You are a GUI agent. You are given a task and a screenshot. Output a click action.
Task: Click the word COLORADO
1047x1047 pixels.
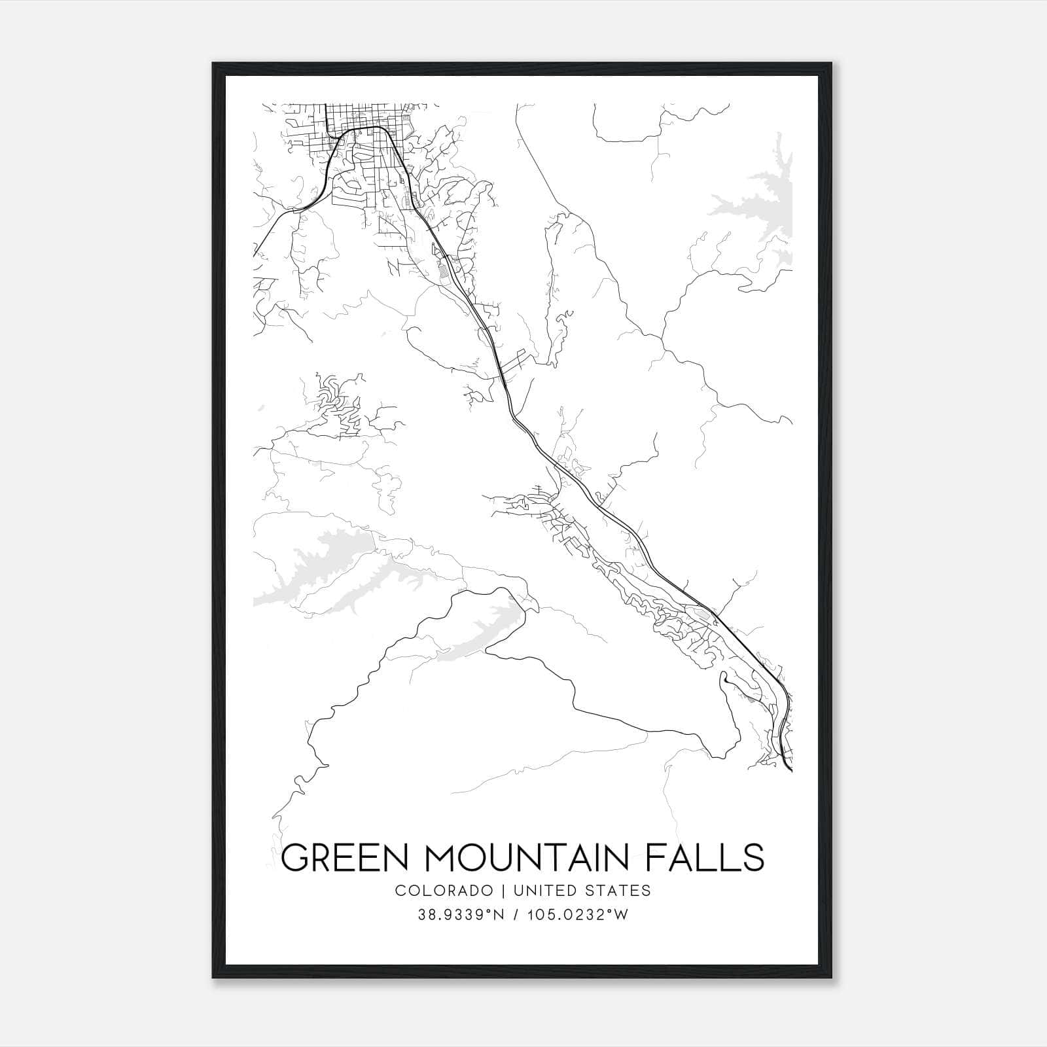443,891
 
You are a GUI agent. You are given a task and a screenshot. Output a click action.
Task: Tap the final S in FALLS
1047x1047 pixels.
754,857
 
